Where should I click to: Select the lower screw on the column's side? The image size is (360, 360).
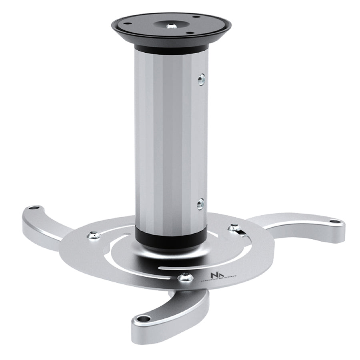pyautogui.click(x=200, y=204)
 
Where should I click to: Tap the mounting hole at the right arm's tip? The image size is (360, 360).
pyautogui.click(x=336, y=221)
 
